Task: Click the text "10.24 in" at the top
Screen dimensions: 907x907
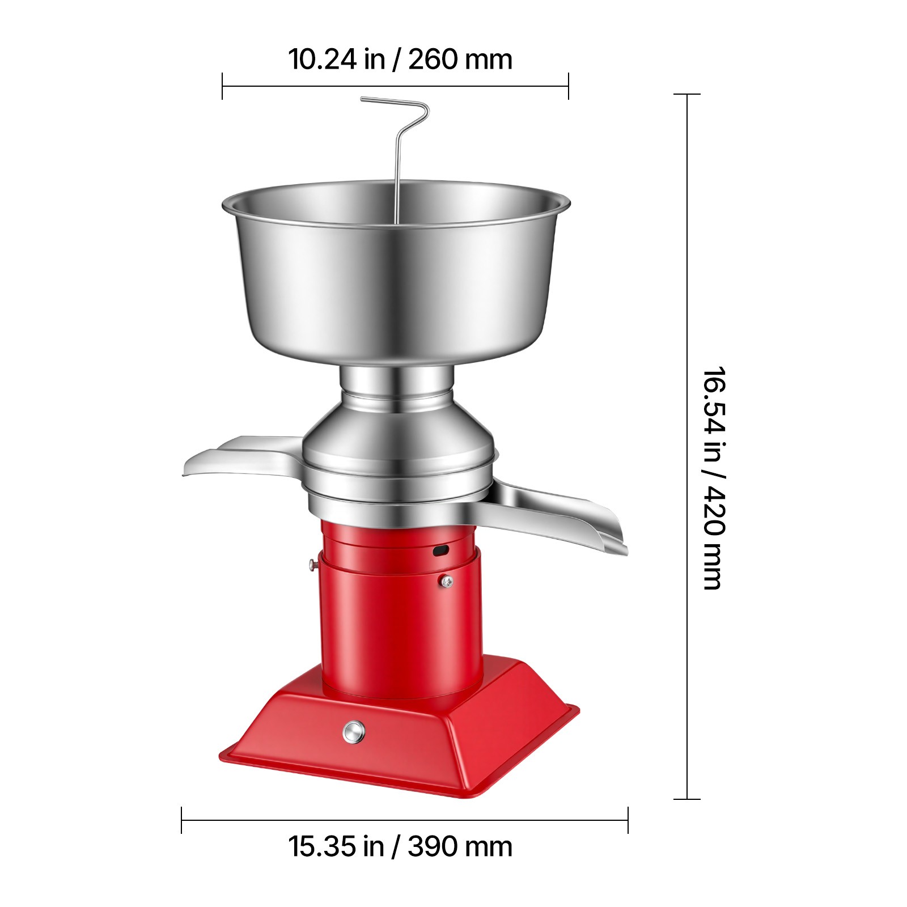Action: pyautogui.click(x=337, y=59)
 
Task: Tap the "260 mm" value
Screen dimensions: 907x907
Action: pyautogui.click(x=460, y=59)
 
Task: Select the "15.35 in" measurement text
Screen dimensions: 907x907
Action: pyautogui.click(x=337, y=846)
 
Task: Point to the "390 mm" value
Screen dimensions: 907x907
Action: pyautogui.click(x=460, y=846)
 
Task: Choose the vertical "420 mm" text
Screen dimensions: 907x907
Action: pyautogui.click(x=714, y=539)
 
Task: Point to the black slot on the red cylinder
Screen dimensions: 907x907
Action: pyautogui.click(x=440, y=550)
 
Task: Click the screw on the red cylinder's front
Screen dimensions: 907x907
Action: pyautogui.click(x=447, y=580)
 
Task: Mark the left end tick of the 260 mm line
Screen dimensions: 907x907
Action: pyautogui.click(x=222, y=86)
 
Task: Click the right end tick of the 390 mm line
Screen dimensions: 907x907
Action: pyautogui.click(x=628, y=820)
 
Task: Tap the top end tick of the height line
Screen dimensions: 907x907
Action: pyautogui.click(x=687, y=94)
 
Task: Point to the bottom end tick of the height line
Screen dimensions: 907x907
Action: pyautogui.click(x=687, y=799)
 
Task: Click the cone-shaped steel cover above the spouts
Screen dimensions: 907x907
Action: pyautogui.click(x=397, y=436)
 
